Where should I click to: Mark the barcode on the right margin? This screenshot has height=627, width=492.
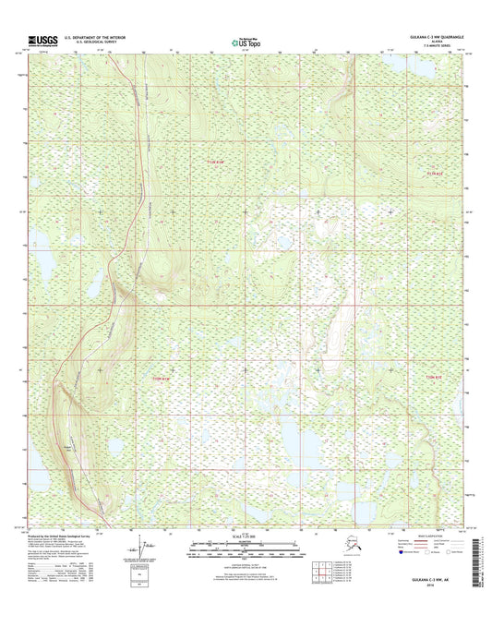coord(478,550)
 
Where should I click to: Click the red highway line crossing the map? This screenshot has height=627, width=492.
coord(138,185)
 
